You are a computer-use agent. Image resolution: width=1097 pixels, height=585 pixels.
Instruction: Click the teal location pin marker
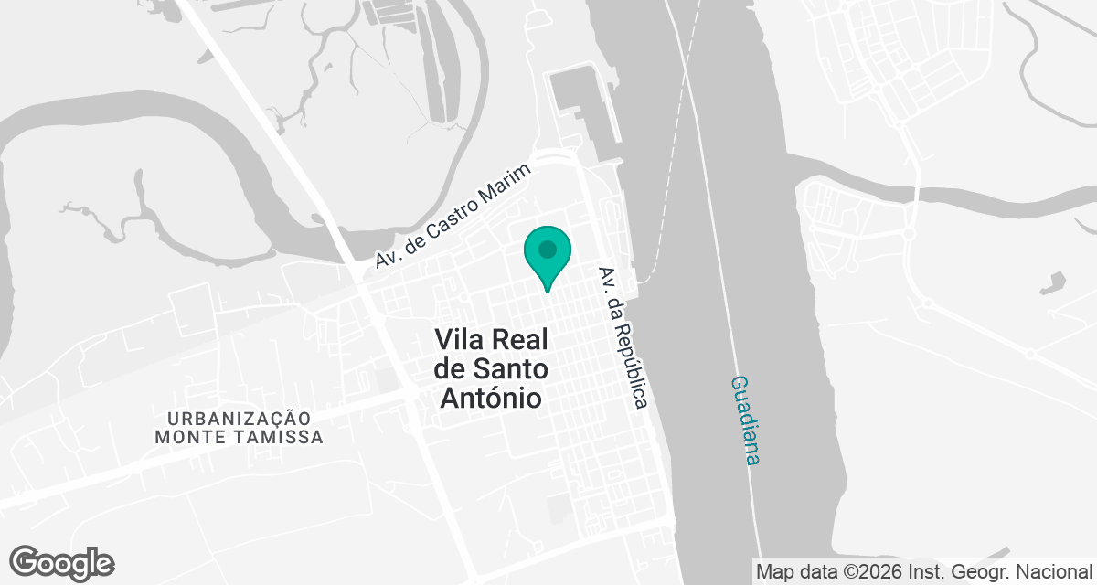547,256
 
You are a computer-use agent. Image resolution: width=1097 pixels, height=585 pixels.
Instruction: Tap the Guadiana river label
745,420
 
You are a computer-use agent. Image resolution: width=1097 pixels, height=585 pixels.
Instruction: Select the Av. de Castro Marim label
453,218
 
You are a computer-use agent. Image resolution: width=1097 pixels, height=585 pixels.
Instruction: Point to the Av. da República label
623,337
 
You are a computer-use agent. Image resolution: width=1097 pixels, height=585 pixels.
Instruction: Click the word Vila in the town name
460,341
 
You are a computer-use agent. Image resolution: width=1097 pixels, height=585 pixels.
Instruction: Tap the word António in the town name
491,399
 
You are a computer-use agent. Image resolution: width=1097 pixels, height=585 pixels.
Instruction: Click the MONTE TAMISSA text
239,437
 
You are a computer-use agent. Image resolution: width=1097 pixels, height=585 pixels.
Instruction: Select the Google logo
62,562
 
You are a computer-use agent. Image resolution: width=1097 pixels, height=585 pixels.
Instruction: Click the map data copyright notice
924,572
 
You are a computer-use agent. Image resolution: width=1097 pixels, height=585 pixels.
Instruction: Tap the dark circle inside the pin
547,249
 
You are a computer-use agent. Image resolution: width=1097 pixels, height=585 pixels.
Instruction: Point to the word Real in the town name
520,341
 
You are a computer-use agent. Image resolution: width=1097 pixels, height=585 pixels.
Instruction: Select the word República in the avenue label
630,356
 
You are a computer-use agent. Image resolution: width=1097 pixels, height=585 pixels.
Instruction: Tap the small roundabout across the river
909,234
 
